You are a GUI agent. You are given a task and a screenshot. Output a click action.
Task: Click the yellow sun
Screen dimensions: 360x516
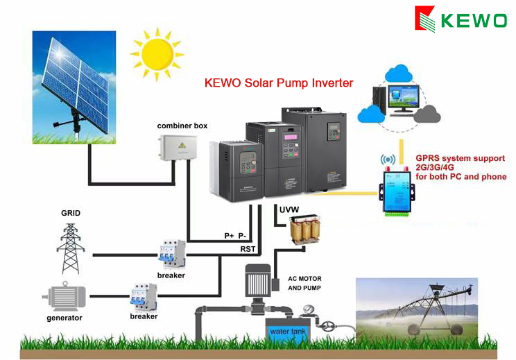pos(157,53)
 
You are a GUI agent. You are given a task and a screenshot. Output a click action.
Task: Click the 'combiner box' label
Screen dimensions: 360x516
pos(182,126)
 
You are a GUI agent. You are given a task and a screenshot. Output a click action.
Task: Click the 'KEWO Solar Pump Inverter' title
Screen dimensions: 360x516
pos(279,83)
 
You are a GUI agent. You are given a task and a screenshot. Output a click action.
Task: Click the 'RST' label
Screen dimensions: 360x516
pos(248,248)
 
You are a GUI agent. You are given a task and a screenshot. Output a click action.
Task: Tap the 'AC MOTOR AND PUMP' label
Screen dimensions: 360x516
pos(304,282)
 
